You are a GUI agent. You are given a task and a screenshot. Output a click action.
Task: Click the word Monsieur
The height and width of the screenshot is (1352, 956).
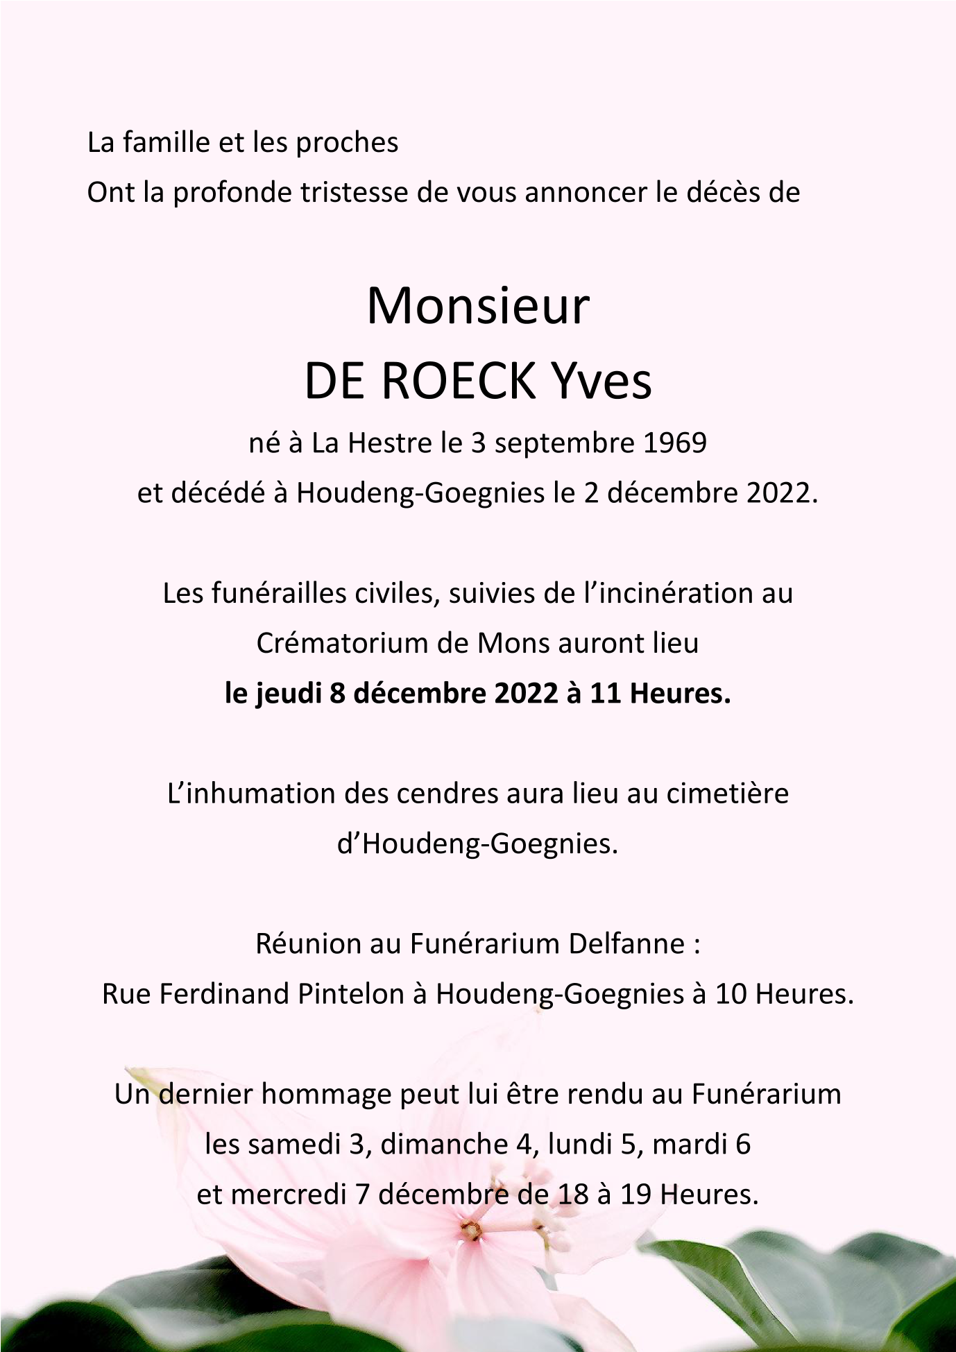(x=477, y=307)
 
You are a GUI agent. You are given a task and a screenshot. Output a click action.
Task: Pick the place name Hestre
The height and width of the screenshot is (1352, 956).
(x=384, y=443)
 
